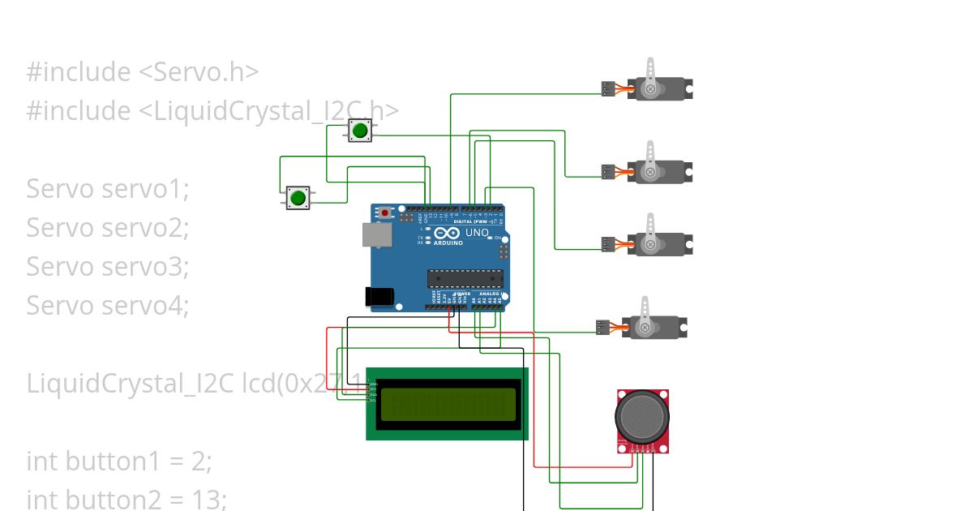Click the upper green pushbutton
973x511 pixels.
(360, 130)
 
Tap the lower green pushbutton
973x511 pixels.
(298, 197)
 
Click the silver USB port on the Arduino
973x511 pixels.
(377, 234)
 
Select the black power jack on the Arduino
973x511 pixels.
(382, 297)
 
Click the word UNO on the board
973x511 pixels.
(477, 233)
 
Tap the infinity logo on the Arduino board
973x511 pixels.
(448, 233)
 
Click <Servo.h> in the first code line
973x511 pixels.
(199, 72)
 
